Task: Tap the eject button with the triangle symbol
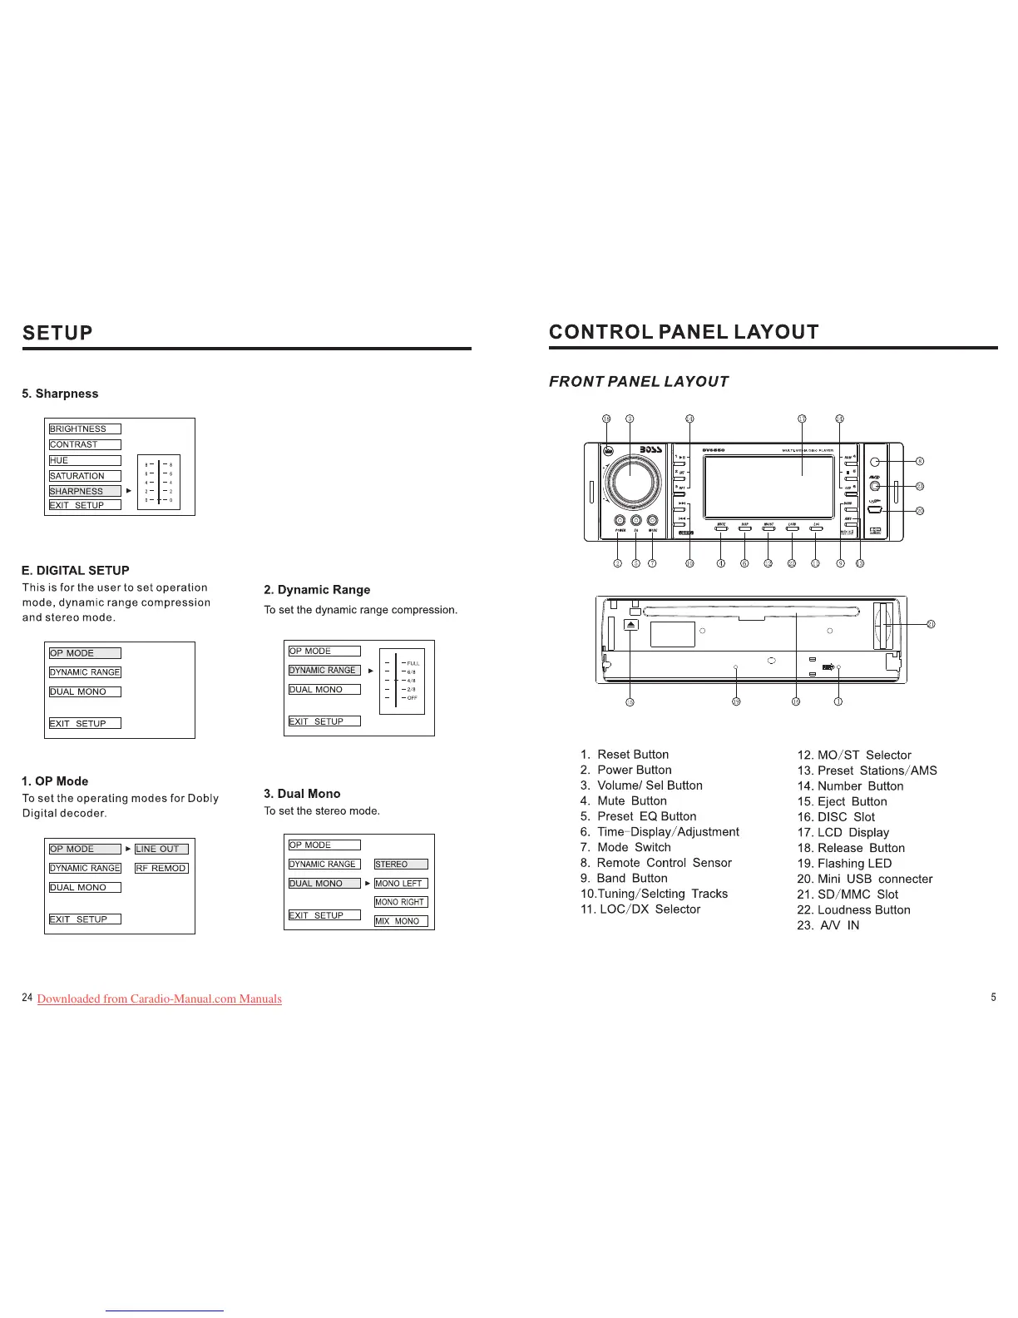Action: [631, 625]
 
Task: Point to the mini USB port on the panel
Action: [875, 510]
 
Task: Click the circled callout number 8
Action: [920, 461]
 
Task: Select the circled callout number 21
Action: [931, 624]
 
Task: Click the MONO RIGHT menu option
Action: [400, 902]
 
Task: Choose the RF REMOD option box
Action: [161, 868]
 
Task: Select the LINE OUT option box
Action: [161, 849]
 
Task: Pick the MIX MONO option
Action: [400, 921]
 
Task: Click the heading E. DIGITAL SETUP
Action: [76, 570]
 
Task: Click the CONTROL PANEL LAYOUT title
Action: [684, 332]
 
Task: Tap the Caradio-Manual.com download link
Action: [160, 998]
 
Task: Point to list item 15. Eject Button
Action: [842, 801]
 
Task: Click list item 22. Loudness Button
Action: [853, 909]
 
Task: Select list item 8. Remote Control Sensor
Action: [656, 863]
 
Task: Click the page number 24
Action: [27, 998]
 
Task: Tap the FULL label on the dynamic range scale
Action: [413, 663]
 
